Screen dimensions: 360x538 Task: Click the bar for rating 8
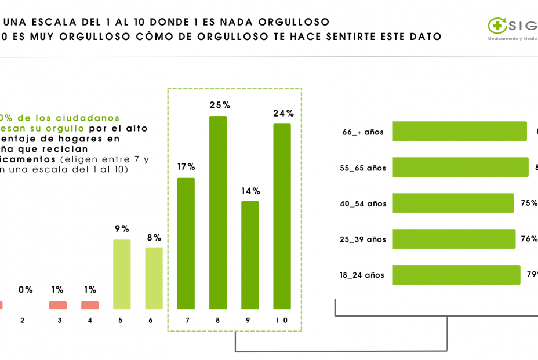(x=217, y=212)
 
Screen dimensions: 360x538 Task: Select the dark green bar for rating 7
(x=186, y=243)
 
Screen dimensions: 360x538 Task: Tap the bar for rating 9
(x=250, y=254)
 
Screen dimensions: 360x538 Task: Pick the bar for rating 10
(x=282, y=216)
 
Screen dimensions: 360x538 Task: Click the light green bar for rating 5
(x=122, y=274)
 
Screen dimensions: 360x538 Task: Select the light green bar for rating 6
(x=154, y=278)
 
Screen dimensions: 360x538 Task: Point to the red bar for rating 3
(x=57, y=305)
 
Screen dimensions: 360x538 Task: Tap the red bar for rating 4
(x=90, y=305)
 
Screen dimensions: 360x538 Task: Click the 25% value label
(x=220, y=105)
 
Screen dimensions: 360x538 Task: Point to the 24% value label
(x=283, y=113)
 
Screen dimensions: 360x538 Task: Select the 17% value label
(x=186, y=166)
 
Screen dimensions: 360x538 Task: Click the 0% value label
(x=26, y=289)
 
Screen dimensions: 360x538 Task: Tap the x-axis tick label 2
(x=23, y=320)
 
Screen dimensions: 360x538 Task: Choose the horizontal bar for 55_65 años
(x=460, y=167)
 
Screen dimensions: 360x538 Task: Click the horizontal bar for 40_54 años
(x=453, y=203)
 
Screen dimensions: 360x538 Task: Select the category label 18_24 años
(x=362, y=275)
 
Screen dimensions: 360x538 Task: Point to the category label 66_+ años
(x=363, y=132)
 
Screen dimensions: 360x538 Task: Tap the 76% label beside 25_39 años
(x=529, y=239)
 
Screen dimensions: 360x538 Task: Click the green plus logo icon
(x=497, y=25)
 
